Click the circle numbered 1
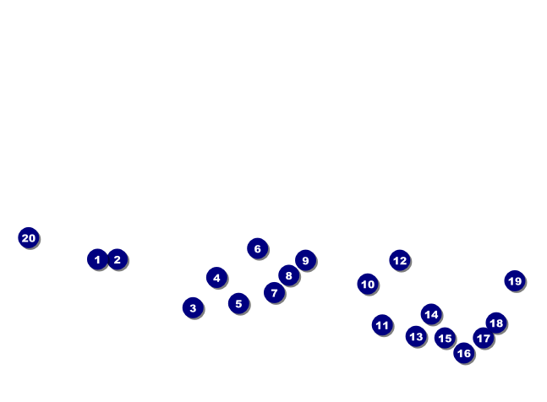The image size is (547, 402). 98,259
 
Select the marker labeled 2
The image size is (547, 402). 118,259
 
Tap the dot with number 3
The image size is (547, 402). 193,307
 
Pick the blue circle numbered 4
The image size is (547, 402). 216,278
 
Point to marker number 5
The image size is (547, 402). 238,303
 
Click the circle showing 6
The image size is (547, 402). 258,248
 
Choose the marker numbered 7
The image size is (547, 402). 275,292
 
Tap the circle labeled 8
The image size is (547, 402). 289,275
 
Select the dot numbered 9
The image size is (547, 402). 305,260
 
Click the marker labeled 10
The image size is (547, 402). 368,285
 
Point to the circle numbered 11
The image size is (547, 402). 382,325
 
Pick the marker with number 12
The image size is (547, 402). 400,260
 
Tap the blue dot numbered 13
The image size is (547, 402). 416,336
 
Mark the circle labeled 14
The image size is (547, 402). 431,314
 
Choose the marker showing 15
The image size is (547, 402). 446,338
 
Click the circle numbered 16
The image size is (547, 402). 464,353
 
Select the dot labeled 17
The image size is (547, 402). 484,338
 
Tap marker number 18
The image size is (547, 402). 496,323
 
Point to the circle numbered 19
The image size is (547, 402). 515,280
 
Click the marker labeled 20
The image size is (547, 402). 29,238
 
